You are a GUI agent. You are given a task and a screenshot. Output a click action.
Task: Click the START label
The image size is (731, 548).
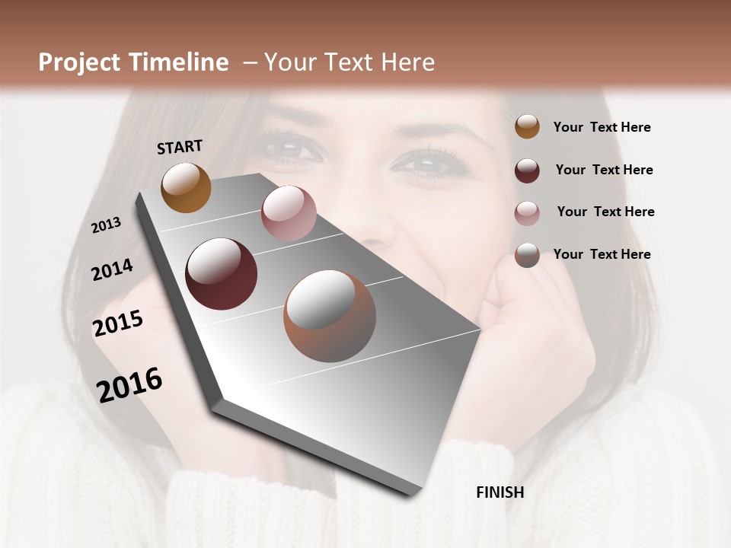point(180,146)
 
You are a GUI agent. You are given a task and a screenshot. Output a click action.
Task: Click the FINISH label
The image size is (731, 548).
point(500,492)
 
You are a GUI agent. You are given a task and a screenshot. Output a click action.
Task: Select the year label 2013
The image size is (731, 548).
point(106,225)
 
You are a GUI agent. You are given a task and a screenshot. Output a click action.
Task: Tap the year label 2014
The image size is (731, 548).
point(112,269)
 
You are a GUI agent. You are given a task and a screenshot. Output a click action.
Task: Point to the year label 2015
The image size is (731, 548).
point(117,323)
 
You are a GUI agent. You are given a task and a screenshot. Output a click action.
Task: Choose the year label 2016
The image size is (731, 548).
point(129,384)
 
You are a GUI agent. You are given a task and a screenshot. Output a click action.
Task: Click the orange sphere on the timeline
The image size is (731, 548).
point(186,187)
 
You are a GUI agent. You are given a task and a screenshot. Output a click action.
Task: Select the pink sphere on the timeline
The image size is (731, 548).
point(289,213)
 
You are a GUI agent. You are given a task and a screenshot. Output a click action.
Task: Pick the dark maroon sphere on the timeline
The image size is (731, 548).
point(222,274)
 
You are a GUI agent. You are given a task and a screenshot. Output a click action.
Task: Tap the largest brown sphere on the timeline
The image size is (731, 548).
point(330,316)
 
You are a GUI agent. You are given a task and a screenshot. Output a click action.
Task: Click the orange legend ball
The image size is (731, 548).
point(527,126)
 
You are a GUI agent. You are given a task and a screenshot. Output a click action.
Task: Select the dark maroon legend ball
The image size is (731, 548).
point(527,170)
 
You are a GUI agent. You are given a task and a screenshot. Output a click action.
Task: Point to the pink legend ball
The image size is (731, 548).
point(527,212)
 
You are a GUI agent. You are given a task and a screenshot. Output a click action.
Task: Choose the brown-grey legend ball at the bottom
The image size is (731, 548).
point(527,255)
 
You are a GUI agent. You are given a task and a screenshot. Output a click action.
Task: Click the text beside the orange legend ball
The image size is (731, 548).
point(602,127)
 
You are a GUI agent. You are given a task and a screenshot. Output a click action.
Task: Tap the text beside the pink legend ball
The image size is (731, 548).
point(605,212)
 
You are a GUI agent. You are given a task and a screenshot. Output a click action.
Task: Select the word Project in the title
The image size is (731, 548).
point(80,62)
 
